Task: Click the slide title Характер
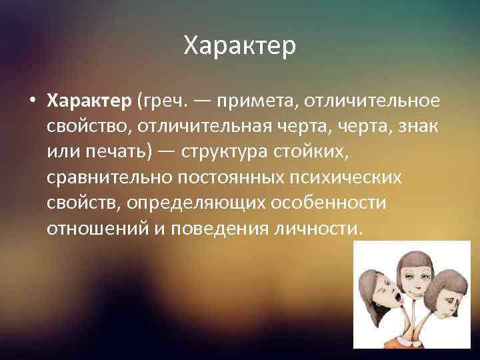click(239, 47)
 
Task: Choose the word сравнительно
click(109, 177)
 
